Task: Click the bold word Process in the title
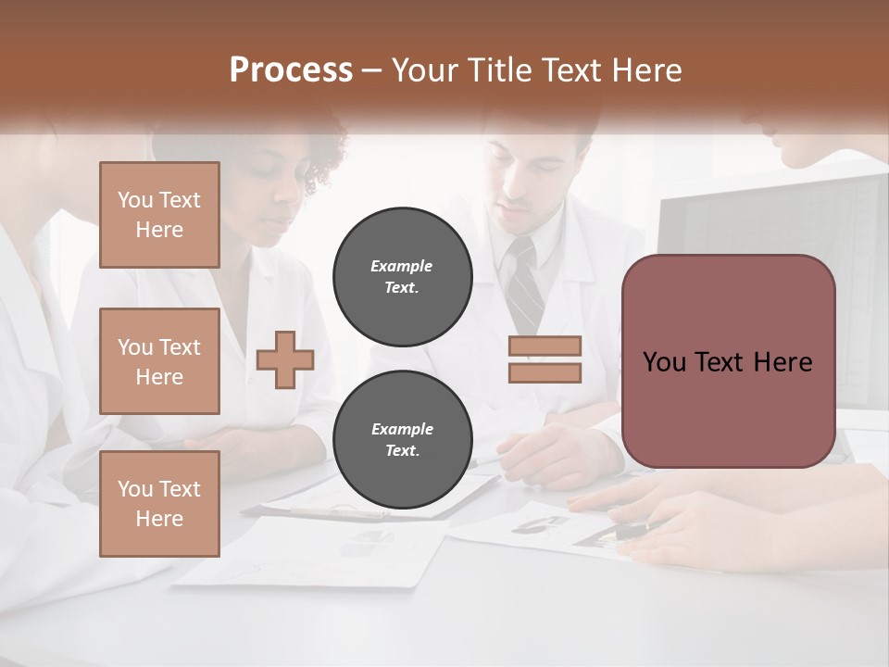click(x=291, y=70)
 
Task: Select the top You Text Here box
click(x=159, y=215)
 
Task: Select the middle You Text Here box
click(x=159, y=361)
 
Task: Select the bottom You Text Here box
click(x=159, y=503)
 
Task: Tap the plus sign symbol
click(x=285, y=359)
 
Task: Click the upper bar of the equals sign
click(x=545, y=346)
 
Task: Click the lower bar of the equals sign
click(x=545, y=372)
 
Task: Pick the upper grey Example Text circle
click(x=402, y=276)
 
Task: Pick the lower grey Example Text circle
click(x=402, y=439)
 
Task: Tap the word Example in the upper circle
click(x=401, y=266)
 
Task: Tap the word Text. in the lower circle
click(x=402, y=451)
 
